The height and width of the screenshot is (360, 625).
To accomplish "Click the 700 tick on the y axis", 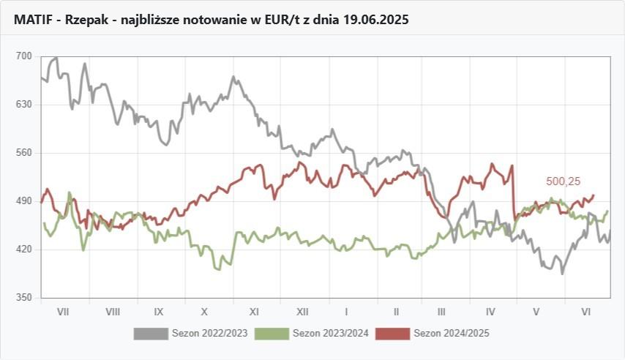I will coord(24,56).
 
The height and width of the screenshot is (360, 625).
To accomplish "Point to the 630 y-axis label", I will coord(24,105).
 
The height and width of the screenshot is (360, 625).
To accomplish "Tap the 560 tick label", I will coord(24,153).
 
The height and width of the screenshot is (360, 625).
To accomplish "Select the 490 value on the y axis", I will coord(24,201).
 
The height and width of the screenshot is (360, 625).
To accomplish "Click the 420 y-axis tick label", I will coord(24,250).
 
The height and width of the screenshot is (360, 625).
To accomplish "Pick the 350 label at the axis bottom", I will coord(24,298).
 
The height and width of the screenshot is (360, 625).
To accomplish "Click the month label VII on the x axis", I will coord(63,312).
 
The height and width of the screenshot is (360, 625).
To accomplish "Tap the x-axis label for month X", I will coord(205,312).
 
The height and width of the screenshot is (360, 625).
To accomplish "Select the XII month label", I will coord(302,312).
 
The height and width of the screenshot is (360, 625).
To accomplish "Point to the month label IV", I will coord(491,312).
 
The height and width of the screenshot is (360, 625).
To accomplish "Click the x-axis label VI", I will coord(585,312).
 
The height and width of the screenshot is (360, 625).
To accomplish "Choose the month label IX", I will coord(159,312).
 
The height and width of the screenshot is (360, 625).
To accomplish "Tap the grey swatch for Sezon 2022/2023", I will coord(151,334).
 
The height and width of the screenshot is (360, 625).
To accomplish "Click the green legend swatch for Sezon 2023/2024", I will coord(272,334).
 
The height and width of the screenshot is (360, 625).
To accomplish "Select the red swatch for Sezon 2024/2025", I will coord(392,334).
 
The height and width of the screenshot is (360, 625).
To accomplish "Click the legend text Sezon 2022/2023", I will coord(209,334).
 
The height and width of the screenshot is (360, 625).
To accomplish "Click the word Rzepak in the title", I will coord(86,20).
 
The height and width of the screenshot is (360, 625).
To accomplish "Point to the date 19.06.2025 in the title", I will coord(374,20).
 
